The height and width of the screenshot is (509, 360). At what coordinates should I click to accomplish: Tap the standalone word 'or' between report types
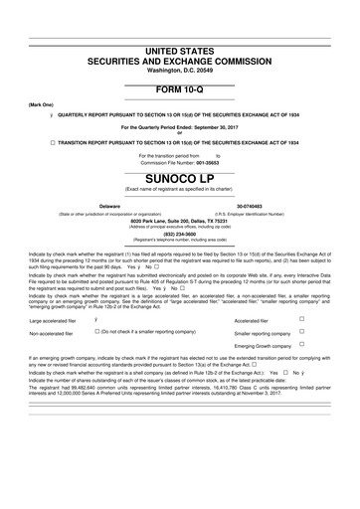(180, 133)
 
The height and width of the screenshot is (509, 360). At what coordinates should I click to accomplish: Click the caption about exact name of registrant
(180, 191)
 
